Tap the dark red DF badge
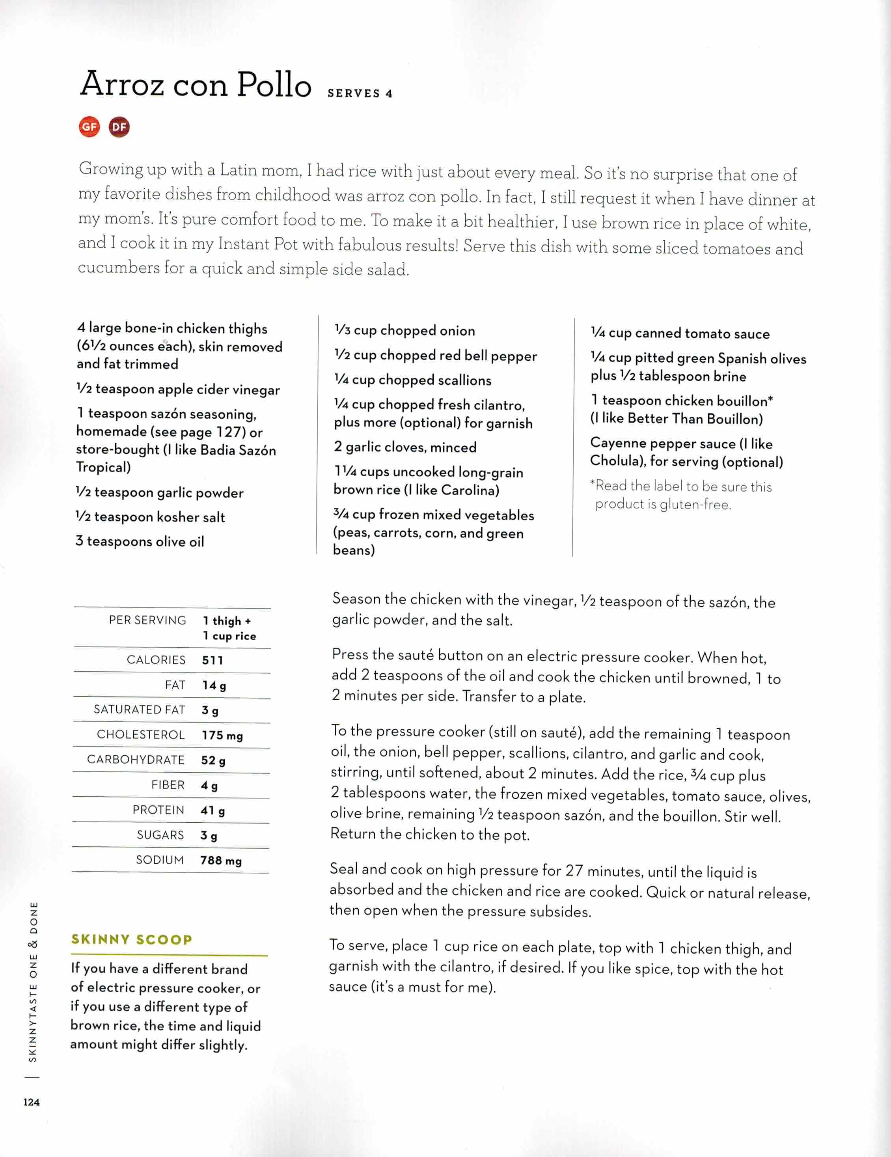coord(119,127)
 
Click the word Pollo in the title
coord(274,85)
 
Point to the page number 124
coord(31,1102)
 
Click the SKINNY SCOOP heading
coord(131,939)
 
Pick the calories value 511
coord(212,660)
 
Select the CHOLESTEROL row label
coord(140,734)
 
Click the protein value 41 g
coord(212,810)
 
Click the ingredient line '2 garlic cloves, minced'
coord(405,447)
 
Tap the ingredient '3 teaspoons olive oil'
coord(140,541)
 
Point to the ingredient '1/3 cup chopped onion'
coord(405,331)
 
